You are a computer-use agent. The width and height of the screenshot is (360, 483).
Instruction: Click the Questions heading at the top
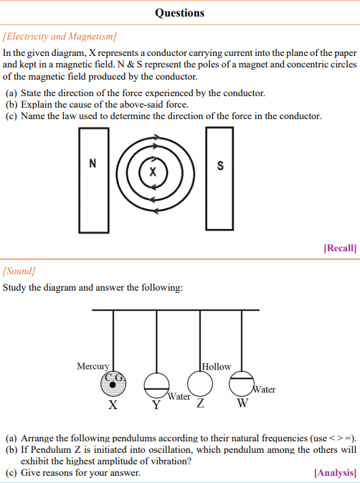pyautogui.click(x=179, y=13)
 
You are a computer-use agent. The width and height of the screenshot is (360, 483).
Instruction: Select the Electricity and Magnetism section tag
pyautogui.click(x=60, y=37)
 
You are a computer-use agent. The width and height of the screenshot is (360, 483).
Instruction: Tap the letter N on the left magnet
pyautogui.click(x=93, y=163)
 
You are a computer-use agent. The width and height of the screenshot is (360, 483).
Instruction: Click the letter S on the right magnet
pyautogui.click(x=220, y=166)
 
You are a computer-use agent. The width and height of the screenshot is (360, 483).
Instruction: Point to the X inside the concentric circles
pyautogui.click(x=153, y=172)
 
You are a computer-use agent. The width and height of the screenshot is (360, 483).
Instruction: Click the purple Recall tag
pyautogui.click(x=340, y=248)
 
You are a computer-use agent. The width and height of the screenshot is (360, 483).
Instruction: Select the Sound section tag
pyautogui.click(x=19, y=271)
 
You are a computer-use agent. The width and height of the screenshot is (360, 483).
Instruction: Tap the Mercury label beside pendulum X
pyautogui.click(x=93, y=366)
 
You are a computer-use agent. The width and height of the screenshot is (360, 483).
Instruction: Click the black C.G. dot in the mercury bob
pyautogui.click(x=113, y=385)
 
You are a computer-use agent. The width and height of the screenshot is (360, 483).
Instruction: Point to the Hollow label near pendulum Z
pyautogui.click(x=217, y=367)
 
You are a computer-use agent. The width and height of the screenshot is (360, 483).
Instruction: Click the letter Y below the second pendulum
pyautogui.click(x=156, y=405)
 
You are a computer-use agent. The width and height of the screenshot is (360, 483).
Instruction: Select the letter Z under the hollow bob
pyautogui.click(x=201, y=403)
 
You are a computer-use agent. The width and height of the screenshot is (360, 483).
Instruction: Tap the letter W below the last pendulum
pyautogui.click(x=243, y=403)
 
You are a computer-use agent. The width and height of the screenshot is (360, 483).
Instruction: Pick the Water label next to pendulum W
pyautogui.click(x=264, y=390)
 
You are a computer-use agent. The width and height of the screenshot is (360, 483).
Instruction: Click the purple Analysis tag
pyautogui.click(x=336, y=472)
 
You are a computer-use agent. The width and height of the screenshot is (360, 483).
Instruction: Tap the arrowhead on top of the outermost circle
pyautogui.click(x=156, y=137)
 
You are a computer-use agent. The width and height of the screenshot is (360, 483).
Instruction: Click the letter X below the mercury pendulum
pyautogui.click(x=113, y=405)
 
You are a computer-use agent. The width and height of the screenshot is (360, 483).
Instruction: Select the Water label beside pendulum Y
pyautogui.click(x=179, y=396)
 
